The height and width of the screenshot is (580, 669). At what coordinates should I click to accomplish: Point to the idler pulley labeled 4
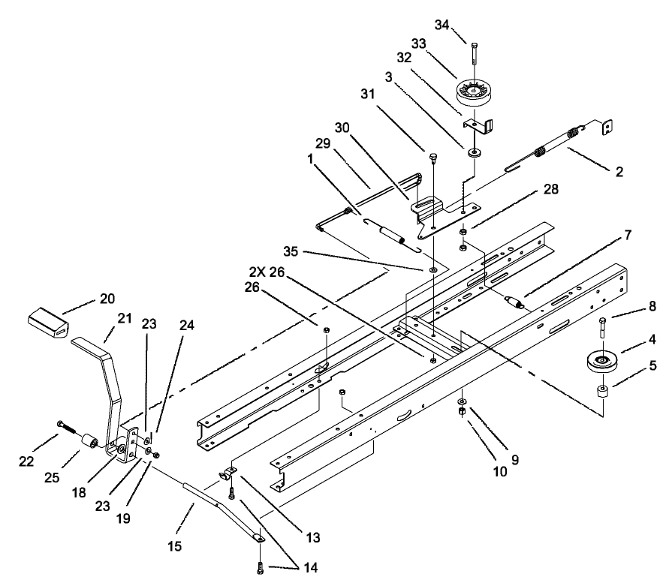click(x=604, y=361)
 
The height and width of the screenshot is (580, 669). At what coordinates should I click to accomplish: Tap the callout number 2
click(x=619, y=172)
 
